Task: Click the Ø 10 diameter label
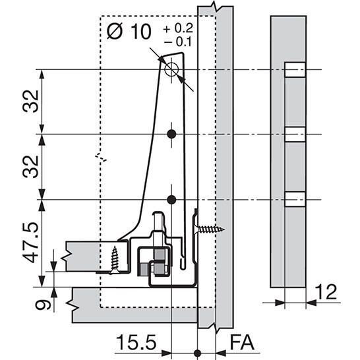(x=129, y=31)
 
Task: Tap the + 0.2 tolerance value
(x=178, y=28)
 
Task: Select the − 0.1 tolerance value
(x=178, y=42)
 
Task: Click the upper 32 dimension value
(x=30, y=101)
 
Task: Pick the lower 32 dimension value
(x=30, y=167)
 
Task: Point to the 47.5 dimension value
(x=30, y=242)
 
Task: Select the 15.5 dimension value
(x=136, y=342)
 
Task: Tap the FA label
(x=242, y=343)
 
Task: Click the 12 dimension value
(x=326, y=291)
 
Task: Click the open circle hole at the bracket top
(x=171, y=69)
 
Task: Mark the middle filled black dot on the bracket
(x=171, y=134)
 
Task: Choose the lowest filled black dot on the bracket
(x=171, y=200)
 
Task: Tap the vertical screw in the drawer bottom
(x=115, y=260)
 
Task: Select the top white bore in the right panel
(x=295, y=70)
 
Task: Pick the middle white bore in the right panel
(x=295, y=134)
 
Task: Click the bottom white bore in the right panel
(x=295, y=199)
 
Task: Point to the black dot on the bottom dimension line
(x=197, y=353)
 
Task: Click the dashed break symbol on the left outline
(x=101, y=158)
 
